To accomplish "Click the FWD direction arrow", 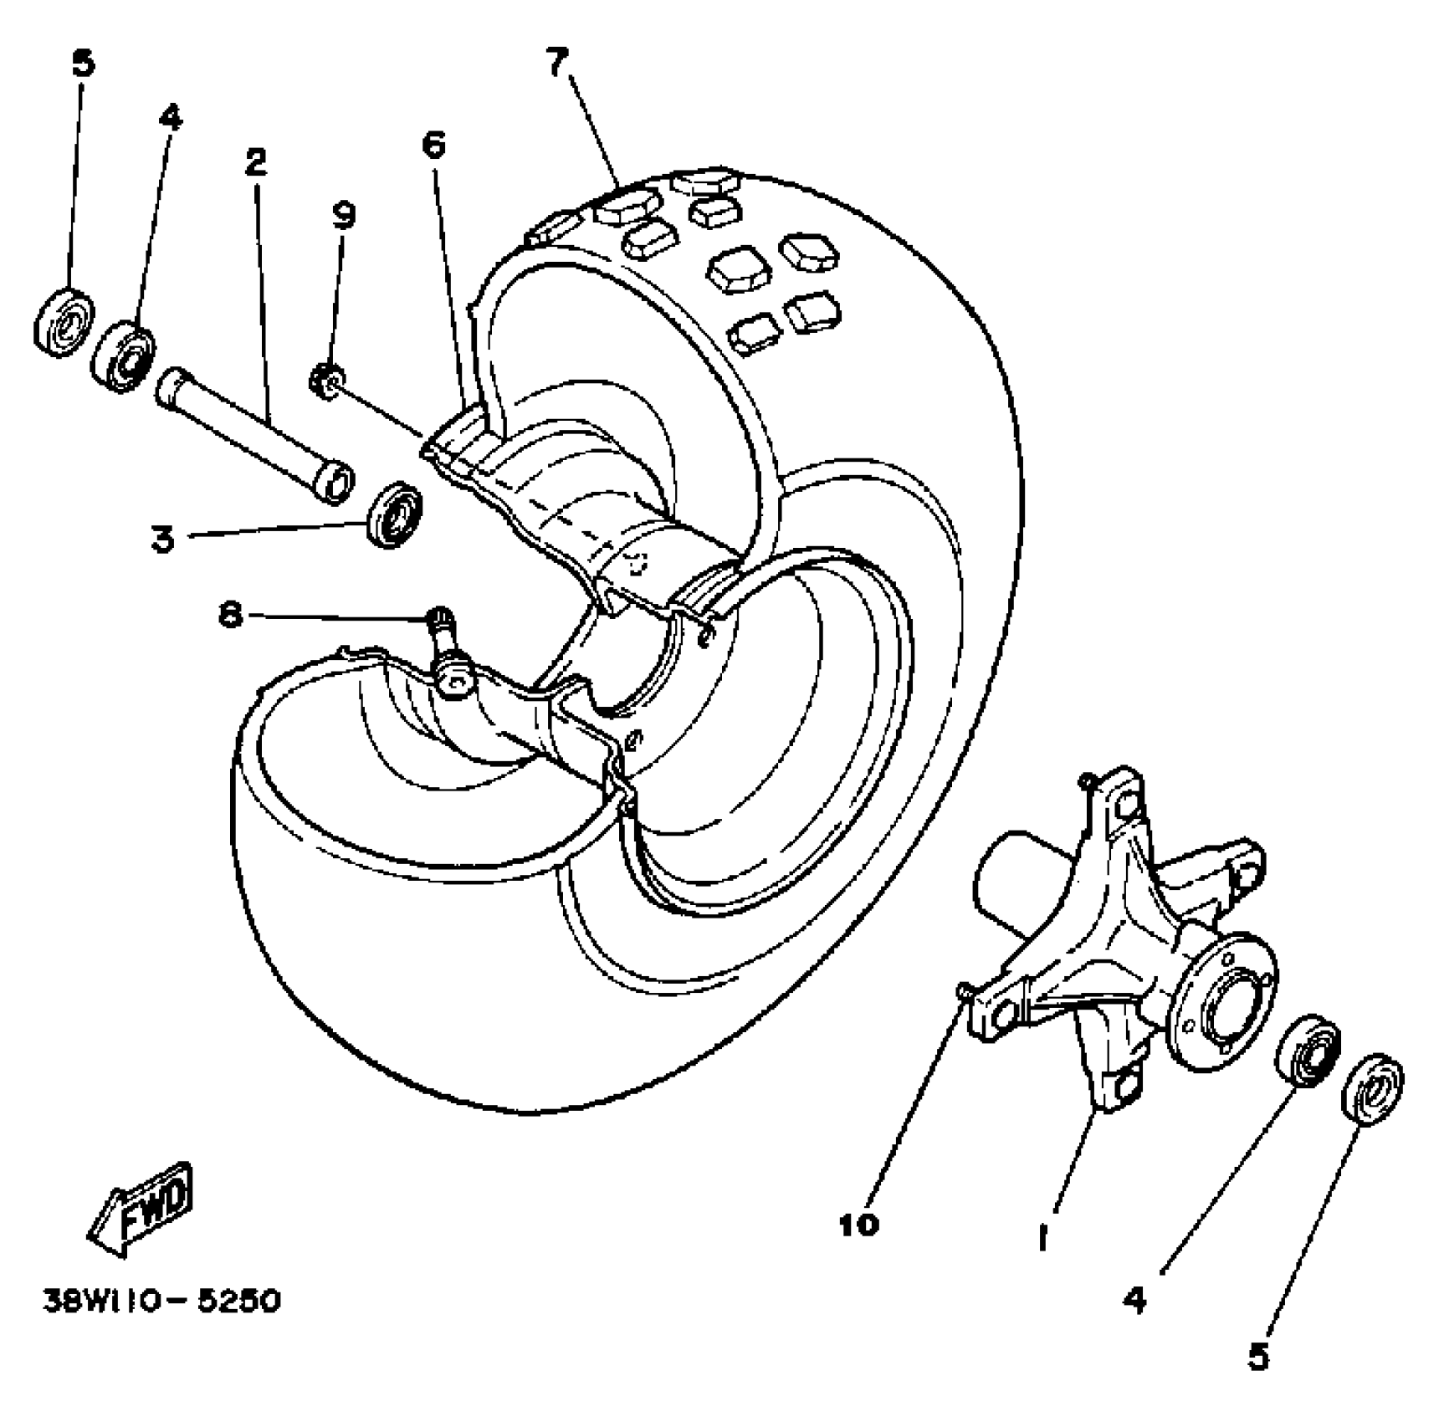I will click(141, 1208).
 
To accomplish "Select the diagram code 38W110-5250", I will click(162, 1302).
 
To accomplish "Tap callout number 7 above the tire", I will click(558, 63).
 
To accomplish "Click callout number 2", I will click(255, 161).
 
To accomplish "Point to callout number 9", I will click(343, 215).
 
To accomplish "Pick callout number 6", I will click(433, 145).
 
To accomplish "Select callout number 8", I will click(231, 616).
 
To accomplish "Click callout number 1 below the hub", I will click(1042, 1237).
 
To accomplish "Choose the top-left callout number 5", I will click(84, 64).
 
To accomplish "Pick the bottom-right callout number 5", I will click(1258, 1357).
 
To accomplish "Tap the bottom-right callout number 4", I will click(1134, 1300).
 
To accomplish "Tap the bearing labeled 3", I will click(397, 514).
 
